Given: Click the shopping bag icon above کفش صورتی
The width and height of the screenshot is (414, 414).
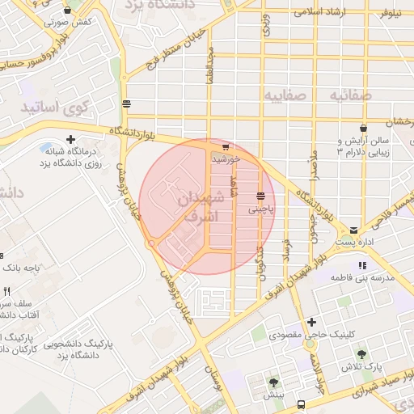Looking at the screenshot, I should point(67,10).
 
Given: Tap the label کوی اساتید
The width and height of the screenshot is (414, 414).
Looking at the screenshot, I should point(49,107).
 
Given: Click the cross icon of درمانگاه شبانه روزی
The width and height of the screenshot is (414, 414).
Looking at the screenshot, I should point(70,139).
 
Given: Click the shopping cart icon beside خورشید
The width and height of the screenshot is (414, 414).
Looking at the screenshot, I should point(226,147).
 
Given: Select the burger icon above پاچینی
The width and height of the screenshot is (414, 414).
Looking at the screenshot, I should point(260,196).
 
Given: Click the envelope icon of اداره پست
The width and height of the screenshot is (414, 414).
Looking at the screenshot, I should point(353,230).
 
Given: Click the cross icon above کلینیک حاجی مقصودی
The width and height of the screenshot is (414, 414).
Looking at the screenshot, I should point(311,321).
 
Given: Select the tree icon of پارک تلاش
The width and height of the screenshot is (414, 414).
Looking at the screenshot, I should point(361,354).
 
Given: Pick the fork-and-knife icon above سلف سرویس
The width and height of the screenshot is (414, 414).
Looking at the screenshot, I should point(6,291).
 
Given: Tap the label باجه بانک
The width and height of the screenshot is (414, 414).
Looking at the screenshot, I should point(22,266).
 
